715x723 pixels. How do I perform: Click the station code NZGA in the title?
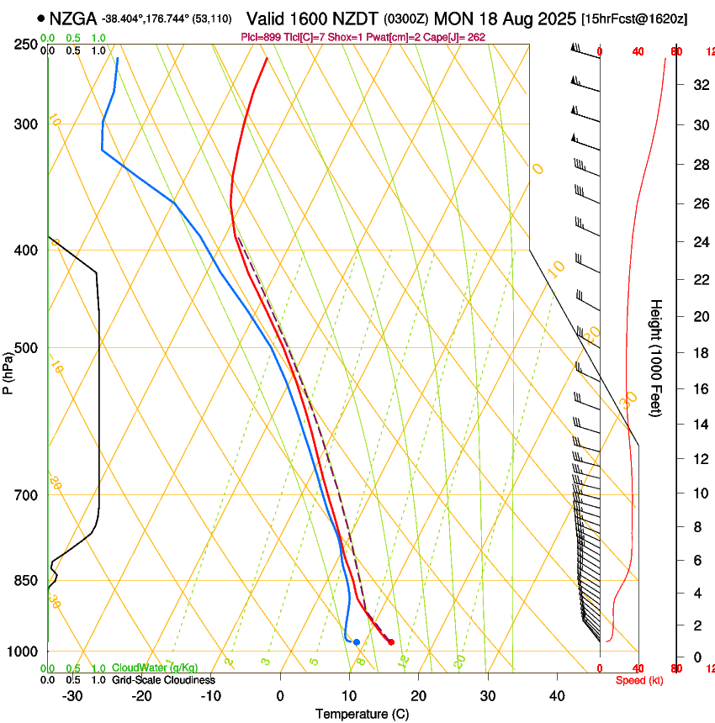click(x=73, y=18)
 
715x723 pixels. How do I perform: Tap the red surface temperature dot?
click(x=391, y=642)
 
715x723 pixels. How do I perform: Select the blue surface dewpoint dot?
click(x=357, y=642)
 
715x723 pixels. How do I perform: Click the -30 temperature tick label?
click(x=72, y=696)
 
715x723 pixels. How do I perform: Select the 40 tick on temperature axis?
click(x=557, y=696)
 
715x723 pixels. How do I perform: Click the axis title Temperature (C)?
click(x=362, y=715)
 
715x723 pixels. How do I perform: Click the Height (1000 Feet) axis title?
click(x=656, y=357)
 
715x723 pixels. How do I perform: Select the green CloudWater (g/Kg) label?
click(x=155, y=668)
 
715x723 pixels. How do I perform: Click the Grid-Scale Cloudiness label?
click(x=163, y=680)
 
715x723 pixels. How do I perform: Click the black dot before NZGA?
click(x=40, y=18)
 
